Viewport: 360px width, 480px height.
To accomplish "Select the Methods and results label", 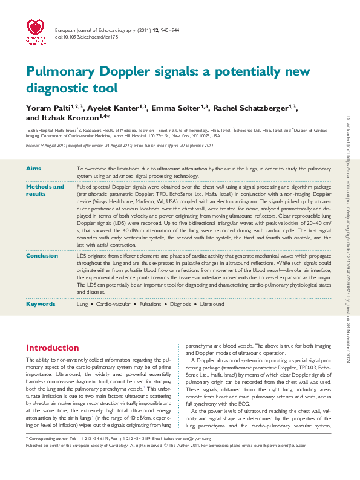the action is (44, 190).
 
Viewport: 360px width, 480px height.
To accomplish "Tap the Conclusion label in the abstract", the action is (43, 256).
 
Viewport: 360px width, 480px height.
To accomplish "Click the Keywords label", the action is (41, 304).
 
